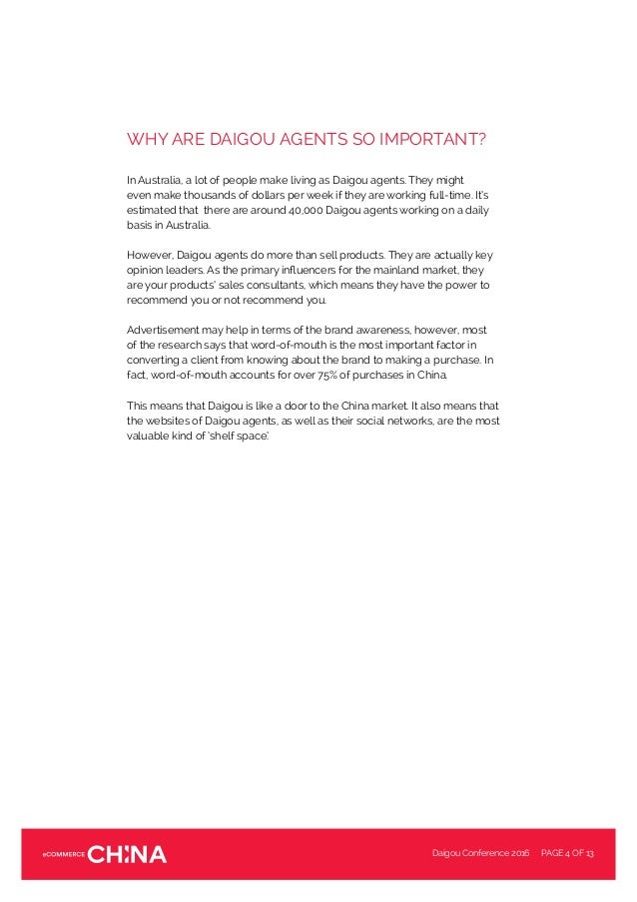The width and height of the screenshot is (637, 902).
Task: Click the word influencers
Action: tap(278, 270)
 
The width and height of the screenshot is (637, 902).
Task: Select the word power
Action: tap(450, 285)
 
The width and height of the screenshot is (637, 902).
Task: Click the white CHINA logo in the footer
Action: tap(128, 853)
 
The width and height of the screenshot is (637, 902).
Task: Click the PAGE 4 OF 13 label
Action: tap(567, 853)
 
